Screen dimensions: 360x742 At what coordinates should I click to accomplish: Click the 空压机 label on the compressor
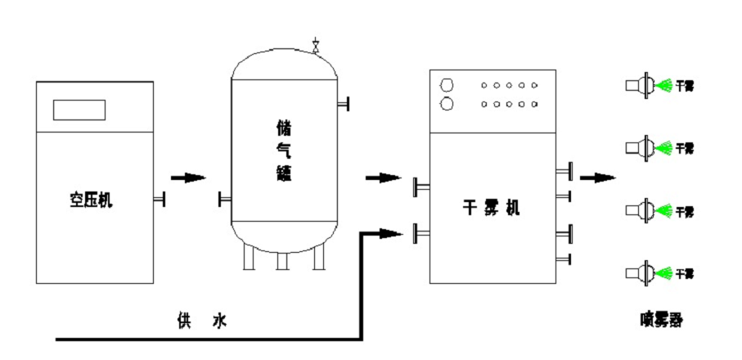click(x=92, y=200)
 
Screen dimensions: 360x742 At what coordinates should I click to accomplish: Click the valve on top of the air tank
click(x=316, y=44)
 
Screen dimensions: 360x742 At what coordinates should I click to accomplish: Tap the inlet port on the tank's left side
click(x=224, y=199)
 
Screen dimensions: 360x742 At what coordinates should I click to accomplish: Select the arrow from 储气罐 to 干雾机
click(x=382, y=177)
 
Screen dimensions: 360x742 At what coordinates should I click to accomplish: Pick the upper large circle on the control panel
click(x=447, y=85)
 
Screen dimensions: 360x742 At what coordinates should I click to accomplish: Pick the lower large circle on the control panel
click(x=447, y=104)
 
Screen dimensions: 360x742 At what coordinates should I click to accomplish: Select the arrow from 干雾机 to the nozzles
click(x=599, y=176)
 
